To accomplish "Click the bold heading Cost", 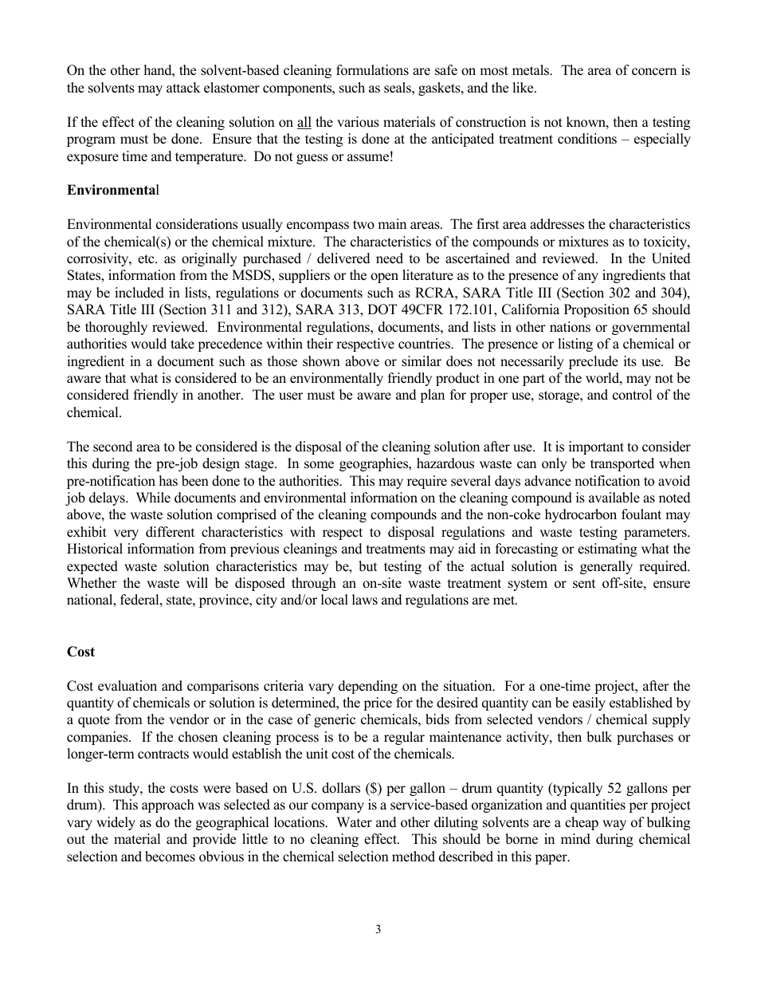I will point(80,652).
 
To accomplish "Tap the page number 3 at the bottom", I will point(378,929).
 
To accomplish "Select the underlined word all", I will point(304,123).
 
